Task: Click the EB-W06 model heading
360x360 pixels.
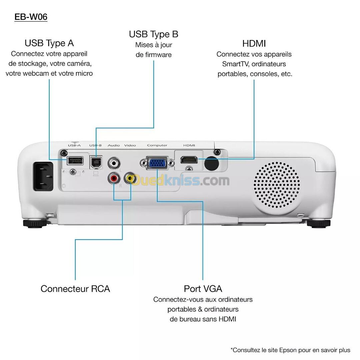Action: [x=31, y=17]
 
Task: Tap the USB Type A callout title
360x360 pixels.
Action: [x=49, y=43]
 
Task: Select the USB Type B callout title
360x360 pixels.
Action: [x=153, y=34]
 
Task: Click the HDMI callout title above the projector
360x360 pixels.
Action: [x=254, y=44]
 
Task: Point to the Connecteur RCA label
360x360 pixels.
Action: [x=75, y=289]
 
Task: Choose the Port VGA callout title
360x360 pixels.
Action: [x=203, y=289]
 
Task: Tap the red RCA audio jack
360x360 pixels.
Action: [x=114, y=179]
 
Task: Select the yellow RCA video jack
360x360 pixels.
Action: [x=130, y=179]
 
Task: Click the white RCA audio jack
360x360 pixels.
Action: [x=114, y=163]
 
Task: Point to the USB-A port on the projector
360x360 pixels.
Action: [x=75, y=160]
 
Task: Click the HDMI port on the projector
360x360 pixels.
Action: [x=189, y=160]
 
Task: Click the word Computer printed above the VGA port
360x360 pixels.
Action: [x=157, y=145]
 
